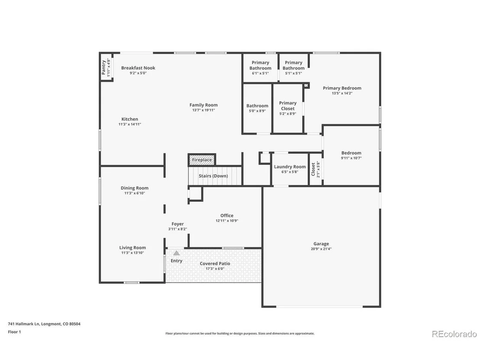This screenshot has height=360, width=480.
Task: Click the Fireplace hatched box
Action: click(202, 160)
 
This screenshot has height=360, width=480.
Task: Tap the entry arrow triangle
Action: click(177, 253)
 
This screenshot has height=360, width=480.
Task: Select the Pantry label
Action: click(104, 67)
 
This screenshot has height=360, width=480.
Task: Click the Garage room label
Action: click(321, 243)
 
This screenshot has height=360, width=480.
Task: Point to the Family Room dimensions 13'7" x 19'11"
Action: click(204, 110)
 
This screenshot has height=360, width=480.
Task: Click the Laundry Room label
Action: click(290, 167)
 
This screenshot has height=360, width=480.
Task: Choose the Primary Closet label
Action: click(288, 106)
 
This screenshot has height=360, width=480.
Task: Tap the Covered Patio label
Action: click(215, 263)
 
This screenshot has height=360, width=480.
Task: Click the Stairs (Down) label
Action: click(214, 176)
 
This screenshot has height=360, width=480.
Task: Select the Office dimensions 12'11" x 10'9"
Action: click(227, 221)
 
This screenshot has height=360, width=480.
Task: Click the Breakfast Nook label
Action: click(138, 68)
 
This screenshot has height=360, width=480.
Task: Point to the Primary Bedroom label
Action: click(342, 88)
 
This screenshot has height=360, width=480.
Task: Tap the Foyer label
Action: click(178, 224)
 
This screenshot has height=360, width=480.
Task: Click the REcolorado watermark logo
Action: click(454, 334)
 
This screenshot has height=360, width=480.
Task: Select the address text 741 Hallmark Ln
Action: click(23, 324)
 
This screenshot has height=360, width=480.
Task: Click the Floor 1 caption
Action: click(14, 332)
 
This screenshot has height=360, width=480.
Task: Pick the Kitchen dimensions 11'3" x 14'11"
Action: click(130, 124)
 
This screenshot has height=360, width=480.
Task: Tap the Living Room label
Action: click(133, 248)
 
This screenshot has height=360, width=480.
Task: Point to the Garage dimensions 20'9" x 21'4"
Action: click(321, 249)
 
